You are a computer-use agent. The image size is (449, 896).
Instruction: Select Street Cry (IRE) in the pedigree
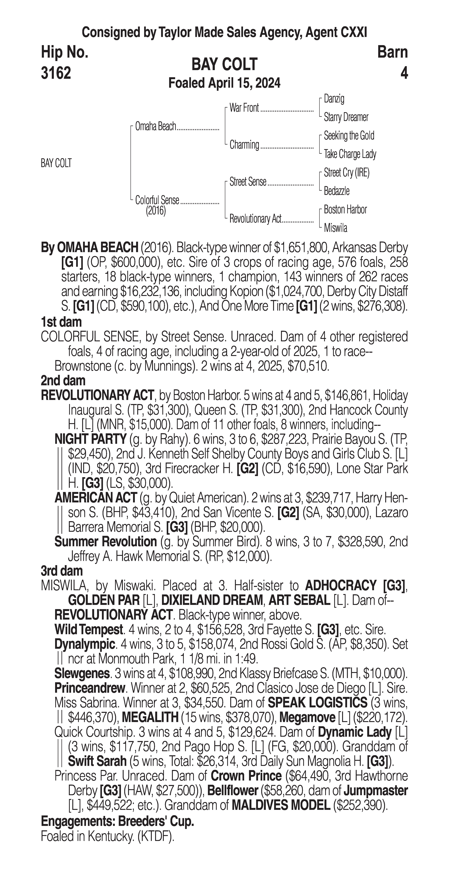pos(346,173)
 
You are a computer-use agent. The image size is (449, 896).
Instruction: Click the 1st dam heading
pos(61,322)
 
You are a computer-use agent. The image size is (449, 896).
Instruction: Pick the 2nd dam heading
pos(63,381)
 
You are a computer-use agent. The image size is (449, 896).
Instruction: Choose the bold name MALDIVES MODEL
pos(280,805)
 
